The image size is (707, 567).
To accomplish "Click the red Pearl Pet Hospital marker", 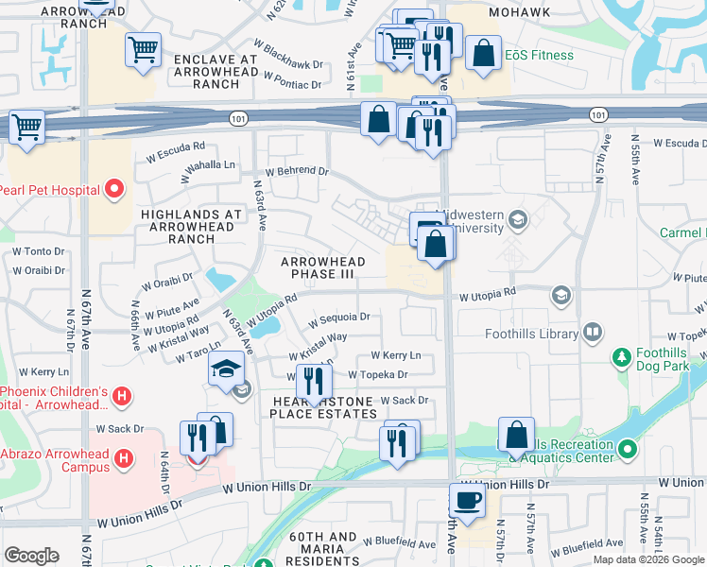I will [x=115, y=190].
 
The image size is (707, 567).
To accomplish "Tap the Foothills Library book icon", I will [x=592, y=333].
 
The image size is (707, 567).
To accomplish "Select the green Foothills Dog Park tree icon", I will [x=621, y=356].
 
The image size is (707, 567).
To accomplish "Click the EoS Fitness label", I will [x=539, y=56].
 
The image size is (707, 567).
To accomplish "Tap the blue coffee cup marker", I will [x=467, y=500].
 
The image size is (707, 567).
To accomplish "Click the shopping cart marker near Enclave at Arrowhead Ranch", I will [x=143, y=49].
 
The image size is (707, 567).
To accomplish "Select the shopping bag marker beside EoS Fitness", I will [x=483, y=54].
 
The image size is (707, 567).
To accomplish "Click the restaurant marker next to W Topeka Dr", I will [x=313, y=382].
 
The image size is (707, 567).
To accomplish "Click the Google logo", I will [x=31, y=555].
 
